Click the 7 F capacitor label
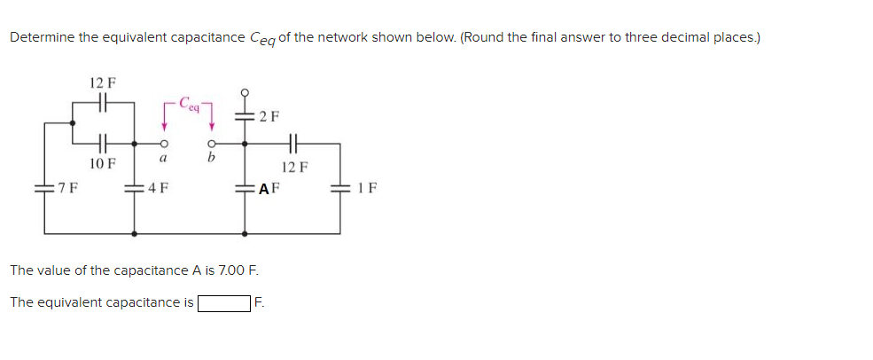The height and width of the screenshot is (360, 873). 66,187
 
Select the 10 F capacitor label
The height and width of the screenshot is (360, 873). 102,163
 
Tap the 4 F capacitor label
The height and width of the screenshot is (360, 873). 159,187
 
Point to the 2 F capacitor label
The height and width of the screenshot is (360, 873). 269,116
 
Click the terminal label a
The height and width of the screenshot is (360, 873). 162,159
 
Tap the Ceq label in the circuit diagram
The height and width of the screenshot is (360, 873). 188,102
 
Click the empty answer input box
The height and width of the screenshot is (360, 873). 224,303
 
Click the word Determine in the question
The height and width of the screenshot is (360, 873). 42,37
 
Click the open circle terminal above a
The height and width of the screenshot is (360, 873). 163,143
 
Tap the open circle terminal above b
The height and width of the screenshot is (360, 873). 211,143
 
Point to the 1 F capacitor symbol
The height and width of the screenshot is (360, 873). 340,187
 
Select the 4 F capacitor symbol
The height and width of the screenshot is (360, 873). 135,187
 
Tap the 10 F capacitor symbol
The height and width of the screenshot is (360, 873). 102,142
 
